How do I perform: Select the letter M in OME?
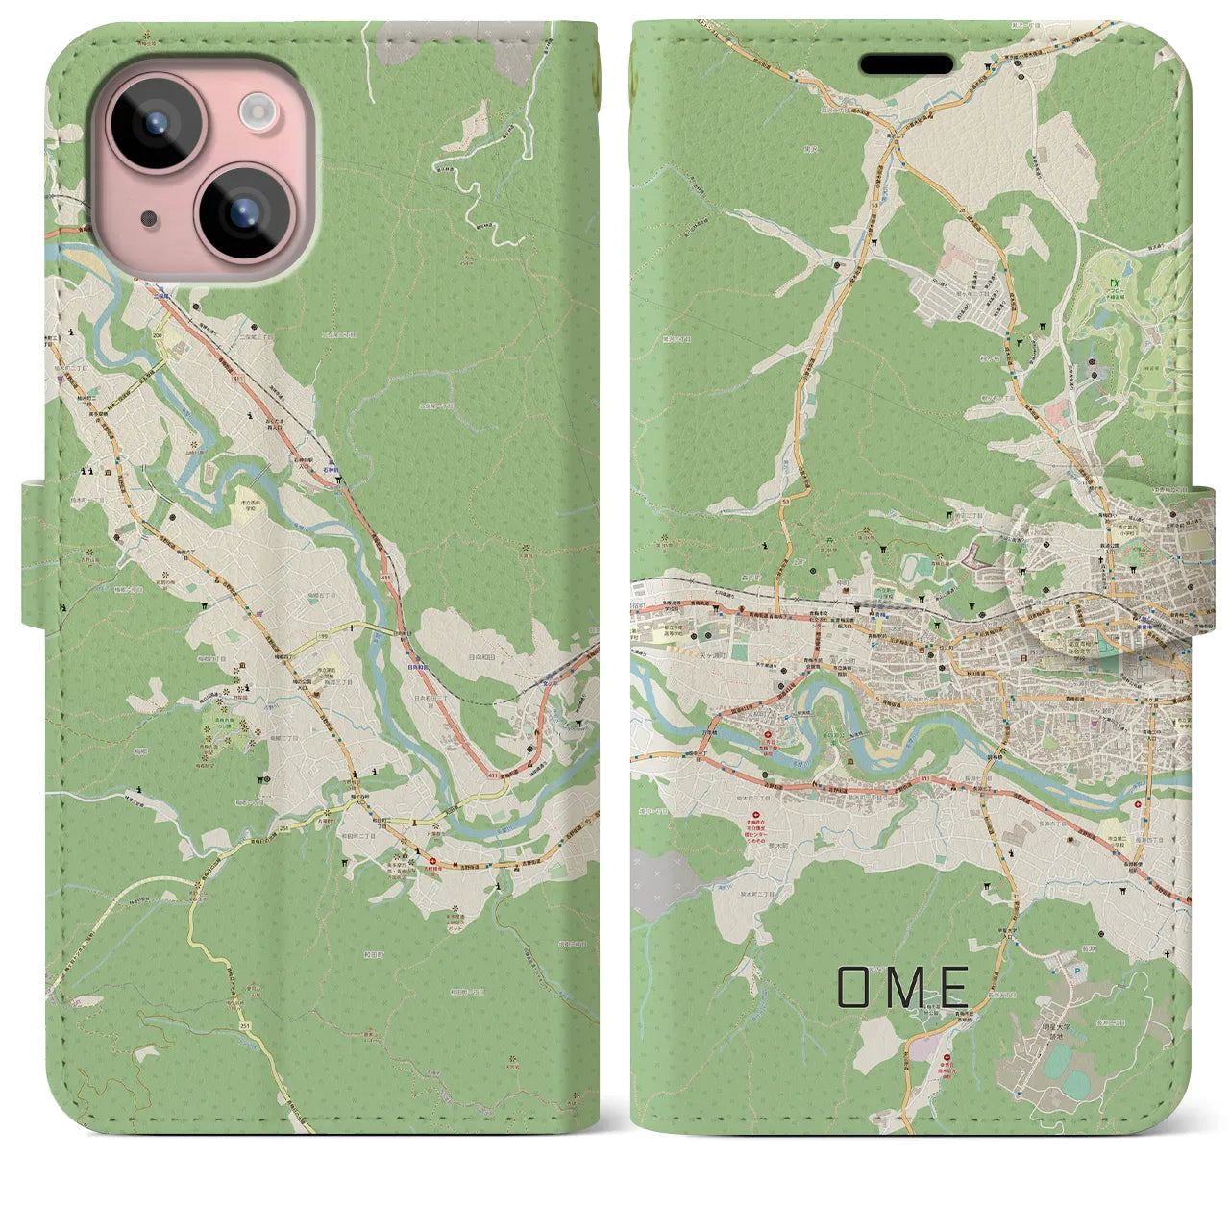[902, 987]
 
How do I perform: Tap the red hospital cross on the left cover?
[431, 862]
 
